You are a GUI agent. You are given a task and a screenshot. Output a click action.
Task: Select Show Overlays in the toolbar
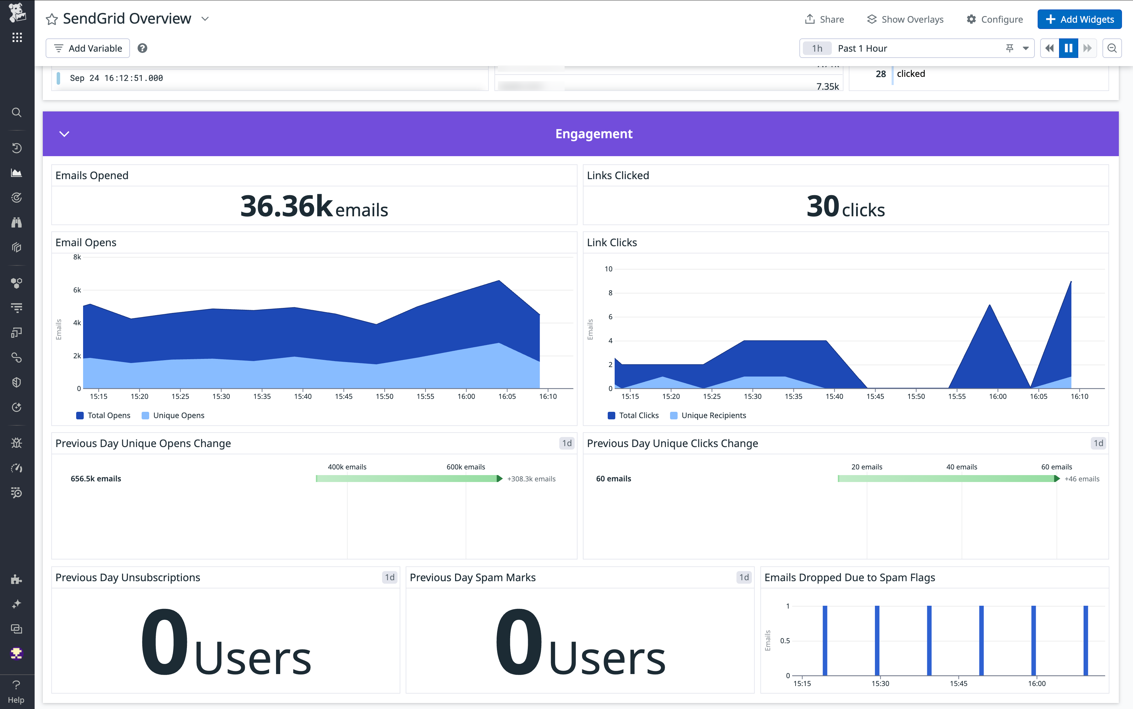[905, 19]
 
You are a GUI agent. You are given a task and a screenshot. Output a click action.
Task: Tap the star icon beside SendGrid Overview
[52, 19]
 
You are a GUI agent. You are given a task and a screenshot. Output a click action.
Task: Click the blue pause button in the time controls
[1068, 48]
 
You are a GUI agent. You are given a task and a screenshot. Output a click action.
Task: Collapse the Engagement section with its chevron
[64, 134]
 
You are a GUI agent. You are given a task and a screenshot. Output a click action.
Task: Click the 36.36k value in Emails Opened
[286, 206]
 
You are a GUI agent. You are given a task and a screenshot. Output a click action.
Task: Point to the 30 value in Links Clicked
[823, 206]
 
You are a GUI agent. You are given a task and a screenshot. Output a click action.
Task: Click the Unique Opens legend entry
[173, 416]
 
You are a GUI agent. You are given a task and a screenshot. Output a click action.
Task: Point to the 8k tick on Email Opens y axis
[77, 257]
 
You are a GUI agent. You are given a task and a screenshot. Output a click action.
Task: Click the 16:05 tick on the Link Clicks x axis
[1038, 397]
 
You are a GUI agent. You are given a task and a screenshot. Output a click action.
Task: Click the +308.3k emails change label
[531, 479]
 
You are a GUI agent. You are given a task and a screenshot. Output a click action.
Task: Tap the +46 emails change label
[1081, 479]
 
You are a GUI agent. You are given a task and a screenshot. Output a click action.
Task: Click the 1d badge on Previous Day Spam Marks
[743, 577]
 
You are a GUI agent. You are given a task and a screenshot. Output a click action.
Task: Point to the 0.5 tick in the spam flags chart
[785, 641]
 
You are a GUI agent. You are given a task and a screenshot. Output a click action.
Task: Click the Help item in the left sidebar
[16, 692]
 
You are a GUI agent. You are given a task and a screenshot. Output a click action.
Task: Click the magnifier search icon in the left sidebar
[16, 112]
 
